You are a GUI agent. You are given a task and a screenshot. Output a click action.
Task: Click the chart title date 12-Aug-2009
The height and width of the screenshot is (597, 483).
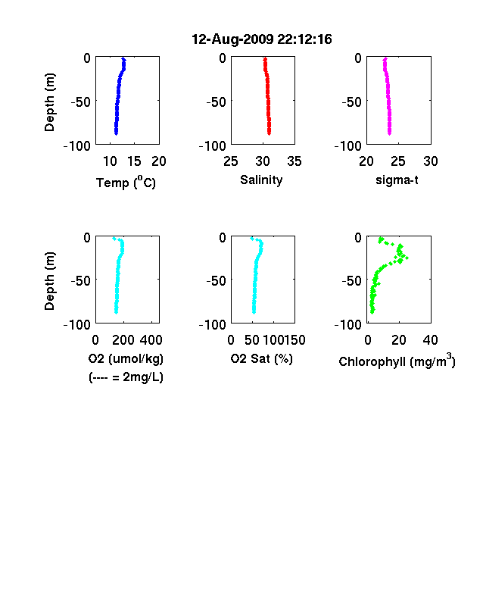pyautogui.click(x=232, y=39)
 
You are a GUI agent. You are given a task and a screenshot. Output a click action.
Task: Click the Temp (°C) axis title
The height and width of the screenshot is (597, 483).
pyautogui.click(x=126, y=183)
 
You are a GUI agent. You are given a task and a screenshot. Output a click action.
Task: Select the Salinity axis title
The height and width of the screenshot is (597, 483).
pyautogui.click(x=261, y=180)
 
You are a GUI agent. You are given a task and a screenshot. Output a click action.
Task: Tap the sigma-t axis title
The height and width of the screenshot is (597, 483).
pyautogui.click(x=397, y=180)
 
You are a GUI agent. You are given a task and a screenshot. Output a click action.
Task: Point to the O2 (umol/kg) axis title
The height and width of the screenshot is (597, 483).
pyautogui.click(x=126, y=358)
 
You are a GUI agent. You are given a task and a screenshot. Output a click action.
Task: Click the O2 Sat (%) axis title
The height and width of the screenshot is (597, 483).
pyautogui.click(x=262, y=358)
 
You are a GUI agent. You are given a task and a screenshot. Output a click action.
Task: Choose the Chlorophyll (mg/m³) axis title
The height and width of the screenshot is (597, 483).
pyautogui.click(x=397, y=360)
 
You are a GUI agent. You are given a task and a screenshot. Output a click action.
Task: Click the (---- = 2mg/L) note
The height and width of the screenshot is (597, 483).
pyautogui.click(x=126, y=377)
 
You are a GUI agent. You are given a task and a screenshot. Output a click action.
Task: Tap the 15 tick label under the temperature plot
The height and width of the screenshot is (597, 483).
pyautogui.click(x=134, y=161)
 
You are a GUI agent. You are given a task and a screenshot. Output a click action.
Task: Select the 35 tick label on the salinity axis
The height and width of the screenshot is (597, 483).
pyautogui.click(x=294, y=161)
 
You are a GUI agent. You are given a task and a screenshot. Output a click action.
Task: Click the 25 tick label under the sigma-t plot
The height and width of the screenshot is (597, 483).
pyautogui.click(x=398, y=161)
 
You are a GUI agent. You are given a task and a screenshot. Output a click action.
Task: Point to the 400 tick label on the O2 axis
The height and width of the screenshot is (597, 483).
pyautogui.click(x=151, y=340)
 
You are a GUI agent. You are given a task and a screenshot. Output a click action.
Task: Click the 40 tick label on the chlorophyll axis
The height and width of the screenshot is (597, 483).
pyautogui.click(x=430, y=340)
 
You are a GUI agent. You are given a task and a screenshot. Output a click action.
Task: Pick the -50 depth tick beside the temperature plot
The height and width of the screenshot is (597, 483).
pyautogui.click(x=81, y=102)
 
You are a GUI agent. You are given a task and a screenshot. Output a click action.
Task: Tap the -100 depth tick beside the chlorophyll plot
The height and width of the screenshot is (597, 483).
pyautogui.click(x=348, y=325)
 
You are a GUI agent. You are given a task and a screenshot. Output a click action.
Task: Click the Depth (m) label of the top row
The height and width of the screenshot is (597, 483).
pyautogui.click(x=49, y=102)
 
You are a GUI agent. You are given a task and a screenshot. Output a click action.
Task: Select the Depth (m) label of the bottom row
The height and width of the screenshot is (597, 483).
pyautogui.click(x=49, y=281)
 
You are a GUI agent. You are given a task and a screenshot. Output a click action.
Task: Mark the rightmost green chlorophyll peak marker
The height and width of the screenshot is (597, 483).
pyautogui.click(x=407, y=258)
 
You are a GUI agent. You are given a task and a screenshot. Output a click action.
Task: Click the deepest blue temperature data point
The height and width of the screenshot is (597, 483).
pyautogui.click(x=117, y=133)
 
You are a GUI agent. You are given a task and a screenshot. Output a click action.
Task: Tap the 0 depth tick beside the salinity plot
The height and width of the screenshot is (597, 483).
pyautogui.click(x=223, y=58)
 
